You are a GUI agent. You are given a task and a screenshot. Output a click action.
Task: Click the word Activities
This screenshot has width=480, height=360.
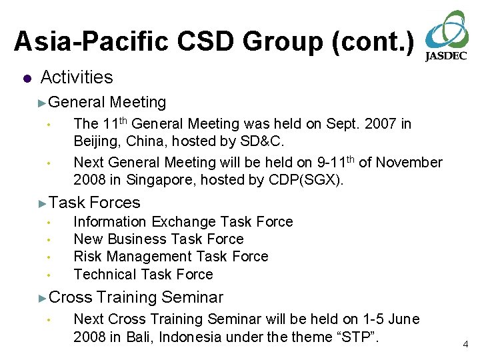point(77,77)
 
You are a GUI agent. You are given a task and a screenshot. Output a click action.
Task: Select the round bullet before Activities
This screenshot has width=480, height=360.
point(26,79)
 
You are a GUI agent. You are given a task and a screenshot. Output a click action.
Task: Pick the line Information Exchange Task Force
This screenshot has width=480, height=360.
point(183,221)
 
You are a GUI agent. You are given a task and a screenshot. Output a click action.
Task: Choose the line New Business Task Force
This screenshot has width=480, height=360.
point(159,239)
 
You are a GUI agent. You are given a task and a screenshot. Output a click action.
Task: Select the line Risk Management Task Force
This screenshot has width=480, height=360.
point(171,257)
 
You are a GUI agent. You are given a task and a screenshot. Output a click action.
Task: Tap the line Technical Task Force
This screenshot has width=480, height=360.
point(143,274)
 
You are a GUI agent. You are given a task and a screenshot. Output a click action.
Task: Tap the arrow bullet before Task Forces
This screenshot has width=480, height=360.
point(42,203)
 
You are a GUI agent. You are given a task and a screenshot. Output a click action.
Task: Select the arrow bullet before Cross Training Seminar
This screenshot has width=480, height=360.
point(42,298)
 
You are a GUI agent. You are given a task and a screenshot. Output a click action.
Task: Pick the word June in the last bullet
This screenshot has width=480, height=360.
point(404,319)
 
